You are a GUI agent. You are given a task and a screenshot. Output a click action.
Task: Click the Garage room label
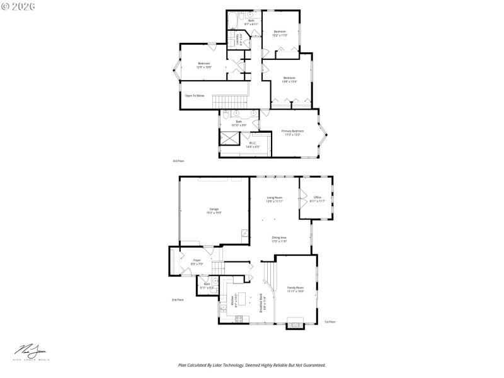click(x=214, y=211)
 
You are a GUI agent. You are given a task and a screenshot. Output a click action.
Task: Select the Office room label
click(x=318, y=199)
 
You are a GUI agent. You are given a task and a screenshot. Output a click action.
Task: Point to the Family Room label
click(x=295, y=289)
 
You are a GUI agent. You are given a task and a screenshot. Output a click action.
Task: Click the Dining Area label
click(x=279, y=239)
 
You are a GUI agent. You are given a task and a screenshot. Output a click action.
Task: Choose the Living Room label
click(x=275, y=200)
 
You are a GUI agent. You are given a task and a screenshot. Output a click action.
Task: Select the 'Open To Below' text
click(x=195, y=96)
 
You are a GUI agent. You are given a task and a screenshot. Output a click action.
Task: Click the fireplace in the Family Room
click(x=295, y=325)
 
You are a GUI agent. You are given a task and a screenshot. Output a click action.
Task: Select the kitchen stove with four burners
click(x=239, y=319)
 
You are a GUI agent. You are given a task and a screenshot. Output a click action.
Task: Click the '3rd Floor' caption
click(x=178, y=161)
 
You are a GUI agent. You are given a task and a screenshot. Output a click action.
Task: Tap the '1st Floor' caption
click(x=330, y=322)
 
